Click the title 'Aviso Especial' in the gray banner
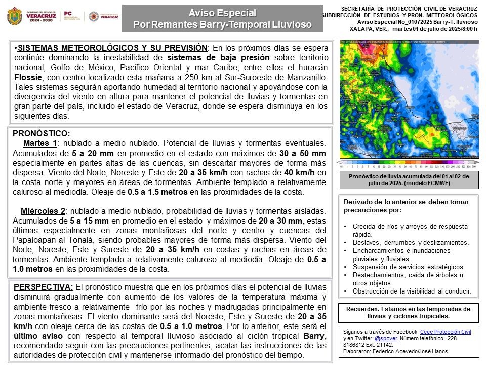tap(222, 13)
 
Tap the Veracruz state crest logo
tap(14, 17)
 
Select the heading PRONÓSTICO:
tap(42, 133)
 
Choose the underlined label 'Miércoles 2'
tap(43, 211)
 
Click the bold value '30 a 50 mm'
tap(302, 153)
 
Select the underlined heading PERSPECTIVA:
tap(44, 287)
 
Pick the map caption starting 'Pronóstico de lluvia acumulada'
tap(409, 180)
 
